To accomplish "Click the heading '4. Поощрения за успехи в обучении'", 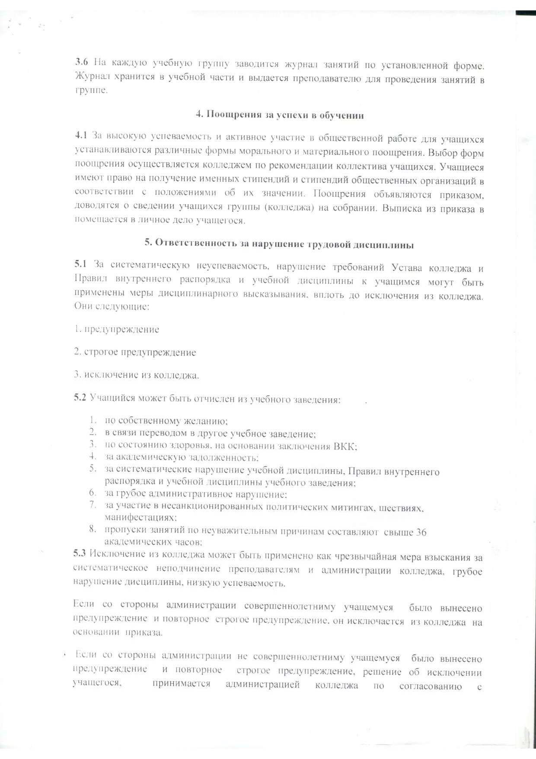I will (x=280, y=115).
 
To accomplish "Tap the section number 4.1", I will (x=81, y=137).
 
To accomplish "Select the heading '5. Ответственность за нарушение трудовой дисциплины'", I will (x=279, y=244).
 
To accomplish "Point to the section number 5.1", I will (x=80, y=267).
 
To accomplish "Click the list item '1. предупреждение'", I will (x=117, y=330).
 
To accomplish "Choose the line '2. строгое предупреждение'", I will (x=135, y=352).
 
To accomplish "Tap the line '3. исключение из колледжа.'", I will (x=137, y=375).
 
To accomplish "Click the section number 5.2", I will (x=80, y=398).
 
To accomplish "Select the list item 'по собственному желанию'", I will (x=166, y=420).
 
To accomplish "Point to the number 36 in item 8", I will (x=420, y=532).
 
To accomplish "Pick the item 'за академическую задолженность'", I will (x=182, y=457).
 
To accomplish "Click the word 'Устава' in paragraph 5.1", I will (x=408, y=268).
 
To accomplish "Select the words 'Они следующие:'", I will (x=112, y=306).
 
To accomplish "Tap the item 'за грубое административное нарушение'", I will (x=196, y=494).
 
